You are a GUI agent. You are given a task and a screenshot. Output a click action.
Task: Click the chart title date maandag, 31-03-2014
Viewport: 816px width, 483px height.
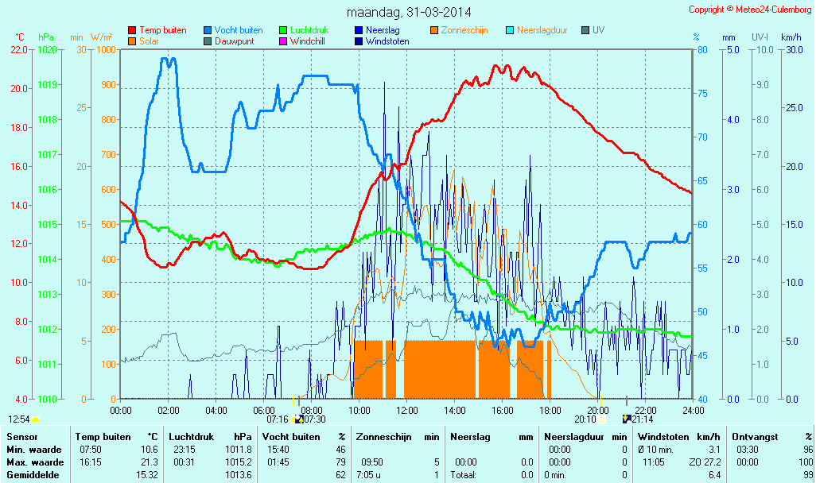[409, 12]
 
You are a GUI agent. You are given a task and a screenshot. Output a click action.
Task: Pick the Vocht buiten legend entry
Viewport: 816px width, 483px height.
[238, 30]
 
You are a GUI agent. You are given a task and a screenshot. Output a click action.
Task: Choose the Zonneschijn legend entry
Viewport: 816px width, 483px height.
[464, 30]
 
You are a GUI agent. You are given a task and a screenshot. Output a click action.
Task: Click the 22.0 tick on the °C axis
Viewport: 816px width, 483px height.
[19, 49]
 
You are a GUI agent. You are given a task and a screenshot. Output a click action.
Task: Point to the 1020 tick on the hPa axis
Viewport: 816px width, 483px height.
[46, 49]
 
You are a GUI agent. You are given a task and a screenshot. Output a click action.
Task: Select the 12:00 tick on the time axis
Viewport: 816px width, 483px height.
[406, 410]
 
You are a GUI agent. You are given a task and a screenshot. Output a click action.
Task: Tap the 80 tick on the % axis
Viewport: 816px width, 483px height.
[702, 49]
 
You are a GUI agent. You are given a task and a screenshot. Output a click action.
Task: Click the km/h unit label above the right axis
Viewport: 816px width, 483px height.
[791, 37]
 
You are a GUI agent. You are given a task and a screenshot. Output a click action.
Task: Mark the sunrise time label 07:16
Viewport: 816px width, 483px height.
[278, 419]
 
